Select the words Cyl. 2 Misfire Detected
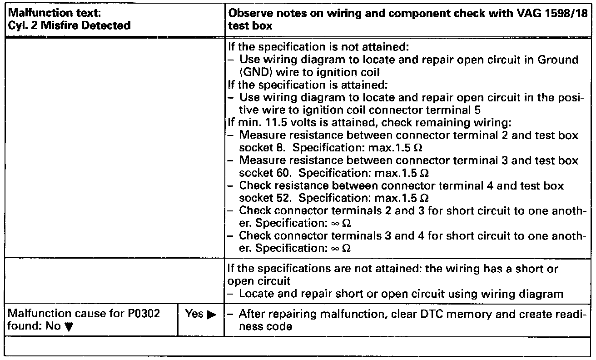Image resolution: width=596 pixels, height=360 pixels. [x=70, y=25]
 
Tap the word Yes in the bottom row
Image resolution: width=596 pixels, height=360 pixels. [x=194, y=314]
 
